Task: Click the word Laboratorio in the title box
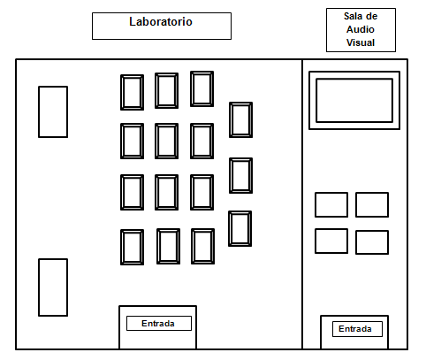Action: pyautogui.click(x=161, y=21)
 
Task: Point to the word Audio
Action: pyautogui.click(x=361, y=29)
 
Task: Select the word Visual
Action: pyautogui.click(x=361, y=42)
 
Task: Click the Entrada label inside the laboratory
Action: pyautogui.click(x=158, y=324)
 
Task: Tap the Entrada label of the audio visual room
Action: pyautogui.click(x=355, y=329)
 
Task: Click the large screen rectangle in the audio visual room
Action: pyautogui.click(x=354, y=100)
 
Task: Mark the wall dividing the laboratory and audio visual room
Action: pyautogui.click(x=302, y=204)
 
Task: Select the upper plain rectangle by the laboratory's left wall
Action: pyautogui.click(x=53, y=111)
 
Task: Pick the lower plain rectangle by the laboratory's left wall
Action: pyautogui.click(x=53, y=287)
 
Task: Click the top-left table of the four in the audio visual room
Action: pyautogui.click(x=331, y=204)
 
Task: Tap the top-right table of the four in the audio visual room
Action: pyautogui.click(x=372, y=204)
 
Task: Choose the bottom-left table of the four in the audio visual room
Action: pyautogui.click(x=331, y=241)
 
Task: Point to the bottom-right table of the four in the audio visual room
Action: pyautogui.click(x=372, y=242)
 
